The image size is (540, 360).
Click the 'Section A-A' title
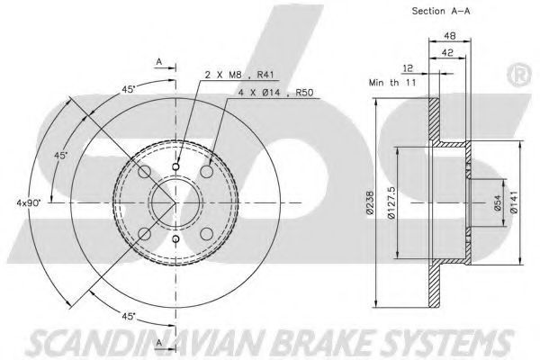point(441,11)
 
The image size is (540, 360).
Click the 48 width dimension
point(450,35)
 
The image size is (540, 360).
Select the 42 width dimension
point(447,53)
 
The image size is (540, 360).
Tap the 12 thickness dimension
point(408,68)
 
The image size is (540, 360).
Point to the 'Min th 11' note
point(392,83)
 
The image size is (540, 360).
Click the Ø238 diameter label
point(370,202)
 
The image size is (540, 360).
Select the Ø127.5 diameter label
point(391,202)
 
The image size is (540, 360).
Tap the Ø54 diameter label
point(498,202)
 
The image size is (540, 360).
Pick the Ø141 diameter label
point(514,202)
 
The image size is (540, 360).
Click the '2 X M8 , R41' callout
point(241,75)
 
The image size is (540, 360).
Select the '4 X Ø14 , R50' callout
point(276,93)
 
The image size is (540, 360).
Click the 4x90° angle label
point(29,202)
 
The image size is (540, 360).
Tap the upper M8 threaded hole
point(175,167)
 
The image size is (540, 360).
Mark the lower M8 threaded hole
point(175,238)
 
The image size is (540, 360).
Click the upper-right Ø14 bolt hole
point(207,171)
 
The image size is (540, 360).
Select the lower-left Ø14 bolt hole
point(145,234)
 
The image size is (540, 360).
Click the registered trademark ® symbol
point(519,75)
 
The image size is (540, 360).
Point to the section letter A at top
point(158,62)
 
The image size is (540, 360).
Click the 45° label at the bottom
point(129,316)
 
